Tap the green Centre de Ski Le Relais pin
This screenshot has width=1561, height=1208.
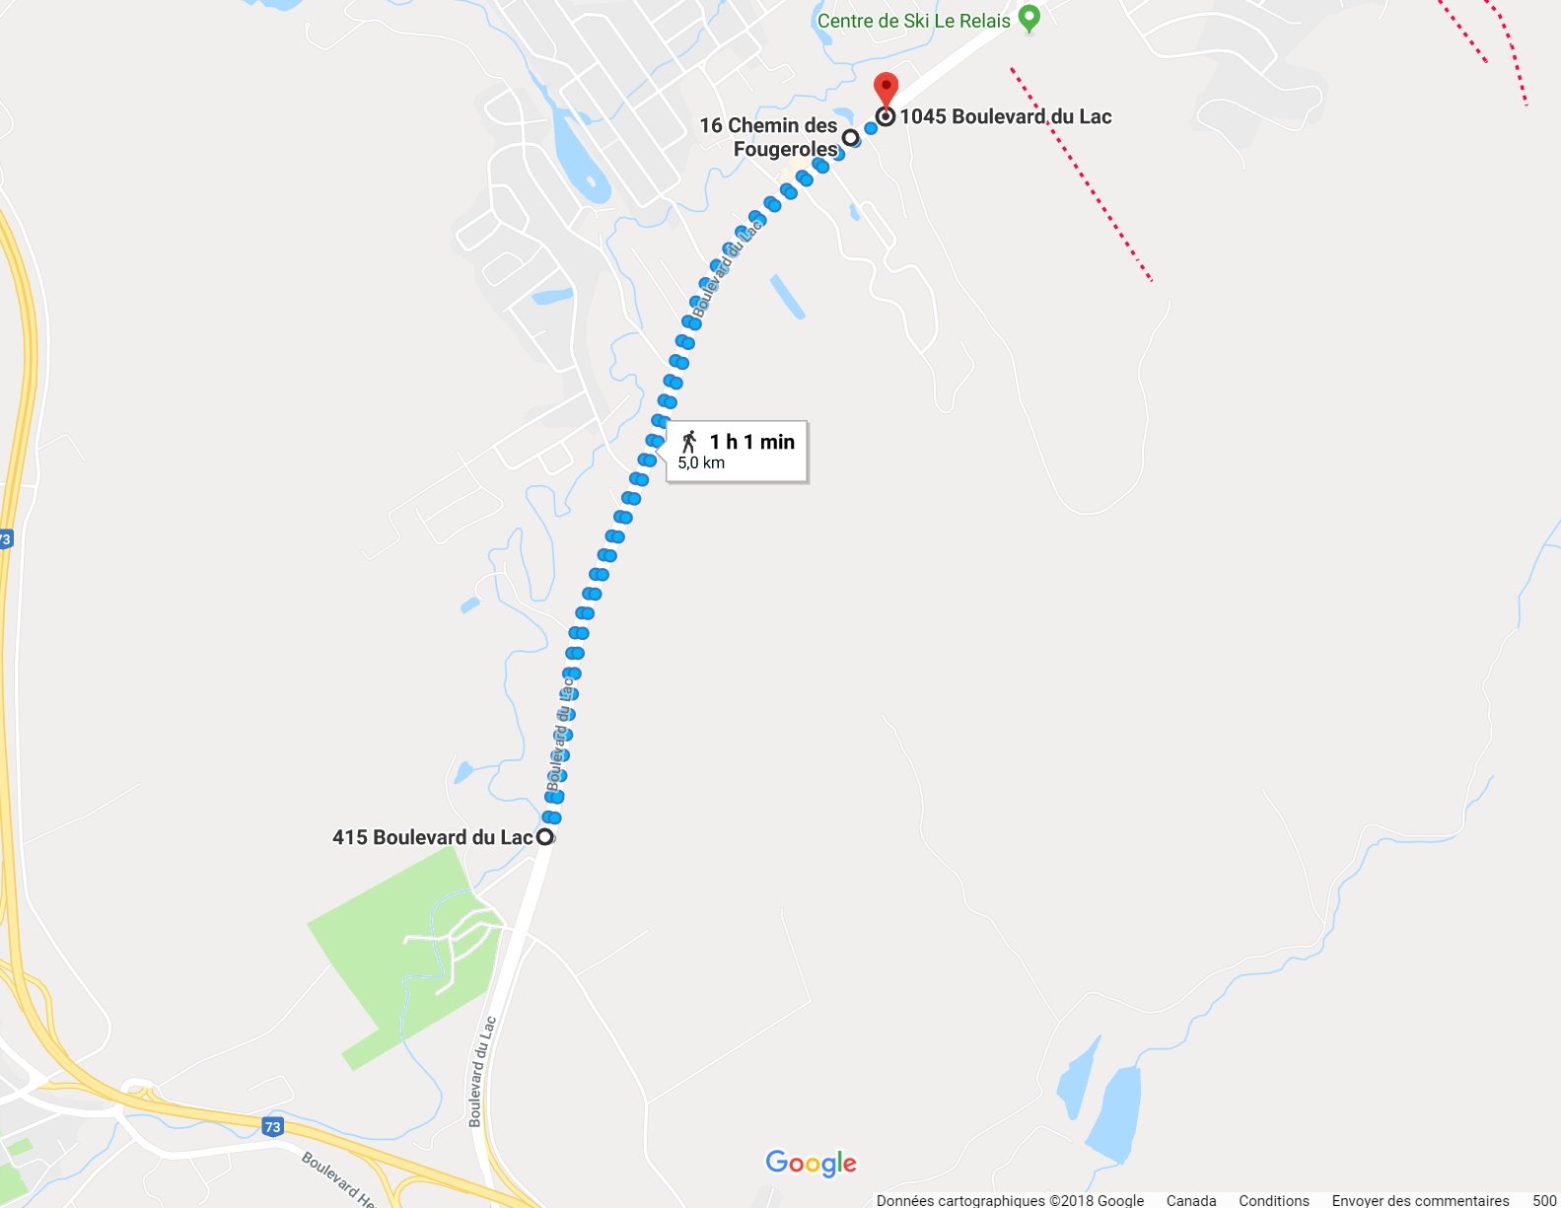[x=1029, y=18]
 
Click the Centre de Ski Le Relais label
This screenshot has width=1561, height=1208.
[x=913, y=21]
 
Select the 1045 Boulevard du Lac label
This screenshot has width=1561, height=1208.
[x=1005, y=116]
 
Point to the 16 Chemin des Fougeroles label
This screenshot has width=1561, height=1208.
[x=768, y=137]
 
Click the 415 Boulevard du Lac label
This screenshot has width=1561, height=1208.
[x=432, y=837]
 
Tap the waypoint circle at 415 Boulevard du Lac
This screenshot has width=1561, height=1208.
[x=544, y=837]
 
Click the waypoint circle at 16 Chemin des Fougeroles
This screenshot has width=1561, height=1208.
[x=850, y=137]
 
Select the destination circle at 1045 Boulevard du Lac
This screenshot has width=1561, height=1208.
[x=886, y=116]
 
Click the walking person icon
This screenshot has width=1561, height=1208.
[x=689, y=442]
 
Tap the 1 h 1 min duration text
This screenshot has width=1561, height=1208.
[x=751, y=442]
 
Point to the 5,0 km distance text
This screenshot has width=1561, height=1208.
[x=701, y=462]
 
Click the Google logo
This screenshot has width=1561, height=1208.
[x=811, y=1164]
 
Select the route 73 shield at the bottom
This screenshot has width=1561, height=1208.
[x=272, y=1126]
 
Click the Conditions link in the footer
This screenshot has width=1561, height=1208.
[x=1273, y=1200]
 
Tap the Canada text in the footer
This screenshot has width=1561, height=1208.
[x=1190, y=1200]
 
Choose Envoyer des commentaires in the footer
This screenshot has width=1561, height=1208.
[x=1420, y=1200]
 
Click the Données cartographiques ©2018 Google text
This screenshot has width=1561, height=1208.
[x=1010, y=1200]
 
